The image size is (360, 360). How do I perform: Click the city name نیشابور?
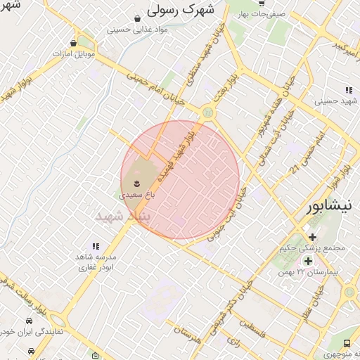coord(334,207)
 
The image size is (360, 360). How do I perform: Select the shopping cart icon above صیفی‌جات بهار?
coord(261,3)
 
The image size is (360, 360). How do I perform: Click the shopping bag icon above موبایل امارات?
coord(74,43)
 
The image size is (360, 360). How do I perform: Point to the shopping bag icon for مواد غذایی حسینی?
coord(139,18)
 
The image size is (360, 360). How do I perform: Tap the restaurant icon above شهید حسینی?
coord(349,89)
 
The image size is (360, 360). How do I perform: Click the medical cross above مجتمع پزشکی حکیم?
coord(312,237)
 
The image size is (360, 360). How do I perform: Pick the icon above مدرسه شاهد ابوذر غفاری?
coord(96,247)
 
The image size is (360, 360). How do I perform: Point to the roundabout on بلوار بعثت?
coord(207,112)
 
